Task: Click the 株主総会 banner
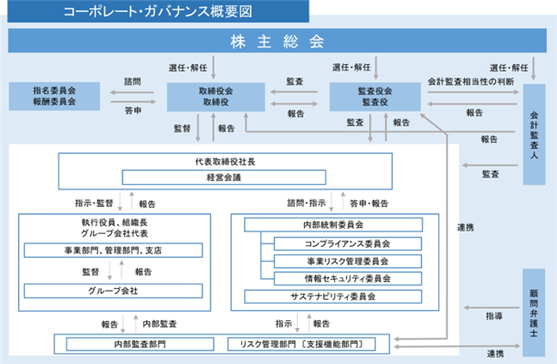[277, 41]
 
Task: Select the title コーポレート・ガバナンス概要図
[158, 11]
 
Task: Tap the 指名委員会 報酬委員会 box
[55, 96]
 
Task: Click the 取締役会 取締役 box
[216, 97]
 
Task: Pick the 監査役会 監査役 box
[375, 97]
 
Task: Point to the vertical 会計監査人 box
[534, 134]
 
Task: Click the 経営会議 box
[224, 177]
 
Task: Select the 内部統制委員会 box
[333, 225]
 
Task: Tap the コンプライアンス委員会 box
[348, 244]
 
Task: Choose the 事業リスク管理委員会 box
[348, 262]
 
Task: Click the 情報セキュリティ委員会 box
[348, 279]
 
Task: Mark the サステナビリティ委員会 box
[333, 296]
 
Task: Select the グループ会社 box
[113, 291]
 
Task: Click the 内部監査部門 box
[140, 344]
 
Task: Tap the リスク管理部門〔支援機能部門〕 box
[301, 344]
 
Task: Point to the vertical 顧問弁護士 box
[534, 313]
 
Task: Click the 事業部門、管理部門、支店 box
[113, 251]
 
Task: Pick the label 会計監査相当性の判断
[470, 81]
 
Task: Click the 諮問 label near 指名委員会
[132, 81]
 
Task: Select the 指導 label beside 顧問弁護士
[494, 316]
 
